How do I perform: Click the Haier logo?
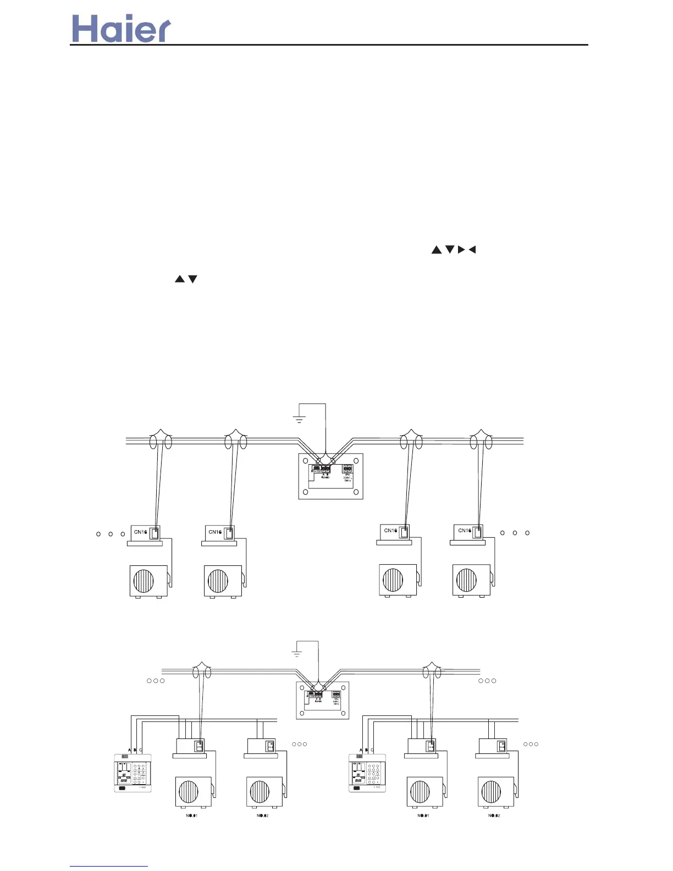click(x=122, y=29)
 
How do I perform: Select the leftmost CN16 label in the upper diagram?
click(x=140, y=532)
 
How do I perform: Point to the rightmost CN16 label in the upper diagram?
click(x=465, y=531)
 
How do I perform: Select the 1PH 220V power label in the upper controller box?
click(x=347, y=477)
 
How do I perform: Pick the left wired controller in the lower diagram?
click(x=133, y=773)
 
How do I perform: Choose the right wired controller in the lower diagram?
click(x=367, y=773)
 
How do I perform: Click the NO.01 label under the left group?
click(x=192, y=815)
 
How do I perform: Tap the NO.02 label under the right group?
click(x=494, y=815)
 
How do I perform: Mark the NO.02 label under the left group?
click(x=262, y=815)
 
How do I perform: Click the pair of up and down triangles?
click(x=186, y=279)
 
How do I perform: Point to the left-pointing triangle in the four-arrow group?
click(x=472, y=250)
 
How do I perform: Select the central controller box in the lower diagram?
click(x=323, y=701)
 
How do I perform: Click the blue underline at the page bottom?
click(x=109, y=866)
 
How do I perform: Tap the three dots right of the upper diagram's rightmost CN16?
click(x=515, y=533)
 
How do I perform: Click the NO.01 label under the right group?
click(x=423, y=815)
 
